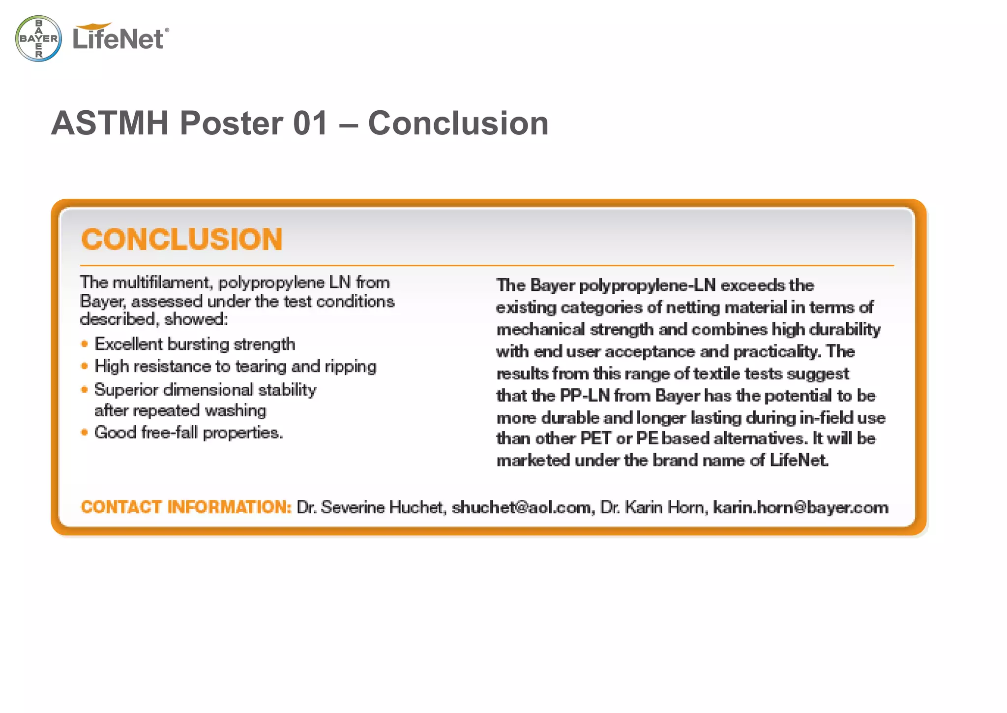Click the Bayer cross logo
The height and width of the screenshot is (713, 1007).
[x=39, y=38]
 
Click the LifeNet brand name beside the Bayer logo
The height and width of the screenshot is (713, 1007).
[x=118, y=38]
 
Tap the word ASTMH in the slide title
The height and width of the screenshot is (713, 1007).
[x=110, y=123]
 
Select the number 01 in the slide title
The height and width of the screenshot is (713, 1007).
[x=310, y=123]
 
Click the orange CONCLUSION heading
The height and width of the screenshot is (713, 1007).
[x=182, y=240]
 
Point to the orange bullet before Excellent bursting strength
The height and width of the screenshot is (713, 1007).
[x=85, y=344]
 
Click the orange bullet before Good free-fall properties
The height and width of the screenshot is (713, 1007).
[x=85, y=433]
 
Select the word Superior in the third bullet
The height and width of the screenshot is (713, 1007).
[x=126, y=390]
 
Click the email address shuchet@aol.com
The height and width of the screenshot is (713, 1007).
[x=521, y=507]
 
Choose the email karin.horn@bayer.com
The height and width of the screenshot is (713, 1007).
[x=800, y=507]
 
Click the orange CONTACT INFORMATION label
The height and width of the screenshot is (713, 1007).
[x=186, y=507]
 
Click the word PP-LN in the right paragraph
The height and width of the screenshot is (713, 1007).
[x=585, y=396]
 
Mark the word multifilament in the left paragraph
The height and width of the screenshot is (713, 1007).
[x=163, y=282]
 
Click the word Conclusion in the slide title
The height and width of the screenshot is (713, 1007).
[x=458, y=123]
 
